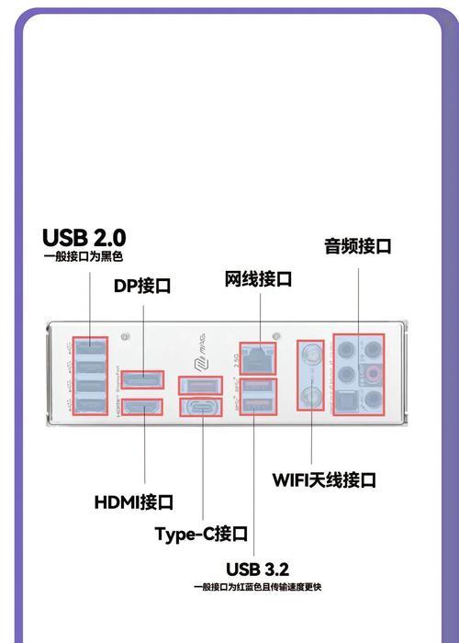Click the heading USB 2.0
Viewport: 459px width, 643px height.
84,237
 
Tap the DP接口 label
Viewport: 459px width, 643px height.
142,286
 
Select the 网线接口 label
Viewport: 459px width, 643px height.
258,279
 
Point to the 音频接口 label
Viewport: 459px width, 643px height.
358,246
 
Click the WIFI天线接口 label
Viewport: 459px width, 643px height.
324,479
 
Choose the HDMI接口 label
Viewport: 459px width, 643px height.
134,502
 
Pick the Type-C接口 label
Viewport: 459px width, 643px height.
201,534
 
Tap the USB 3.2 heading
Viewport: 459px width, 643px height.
257,570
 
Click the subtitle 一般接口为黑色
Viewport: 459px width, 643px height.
84,256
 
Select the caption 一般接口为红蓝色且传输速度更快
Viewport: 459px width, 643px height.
257,587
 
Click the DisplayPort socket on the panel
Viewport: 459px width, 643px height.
142,379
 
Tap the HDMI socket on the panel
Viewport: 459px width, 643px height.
142,407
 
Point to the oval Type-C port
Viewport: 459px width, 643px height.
201,407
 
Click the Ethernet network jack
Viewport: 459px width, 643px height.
258,358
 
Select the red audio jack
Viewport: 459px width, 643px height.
373,373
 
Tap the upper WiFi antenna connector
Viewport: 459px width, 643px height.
311,352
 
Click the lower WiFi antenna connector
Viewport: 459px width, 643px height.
311,397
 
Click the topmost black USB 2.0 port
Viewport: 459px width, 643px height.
90,348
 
